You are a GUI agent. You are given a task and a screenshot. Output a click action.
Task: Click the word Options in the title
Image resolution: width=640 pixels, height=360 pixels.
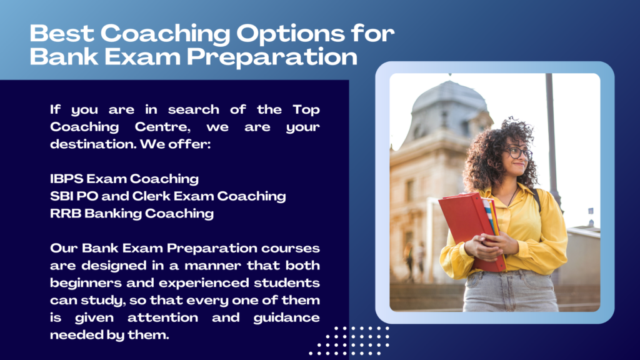pos(290,34)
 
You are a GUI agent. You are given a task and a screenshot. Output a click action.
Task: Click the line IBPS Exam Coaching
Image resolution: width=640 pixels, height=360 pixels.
pos(124,179)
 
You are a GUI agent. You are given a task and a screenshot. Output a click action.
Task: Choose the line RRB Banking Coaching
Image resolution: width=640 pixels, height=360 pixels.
pos(131,214)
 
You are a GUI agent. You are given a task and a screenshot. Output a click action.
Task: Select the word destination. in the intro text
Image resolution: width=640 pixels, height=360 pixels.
pos(93,144)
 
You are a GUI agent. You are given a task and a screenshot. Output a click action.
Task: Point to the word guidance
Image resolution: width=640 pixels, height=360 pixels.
pos(286,318)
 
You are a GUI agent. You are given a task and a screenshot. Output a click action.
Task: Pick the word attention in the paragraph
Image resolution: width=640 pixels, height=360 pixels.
pos(162,317)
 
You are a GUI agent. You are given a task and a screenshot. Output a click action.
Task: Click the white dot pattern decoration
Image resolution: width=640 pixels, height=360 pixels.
pos(349,341)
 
